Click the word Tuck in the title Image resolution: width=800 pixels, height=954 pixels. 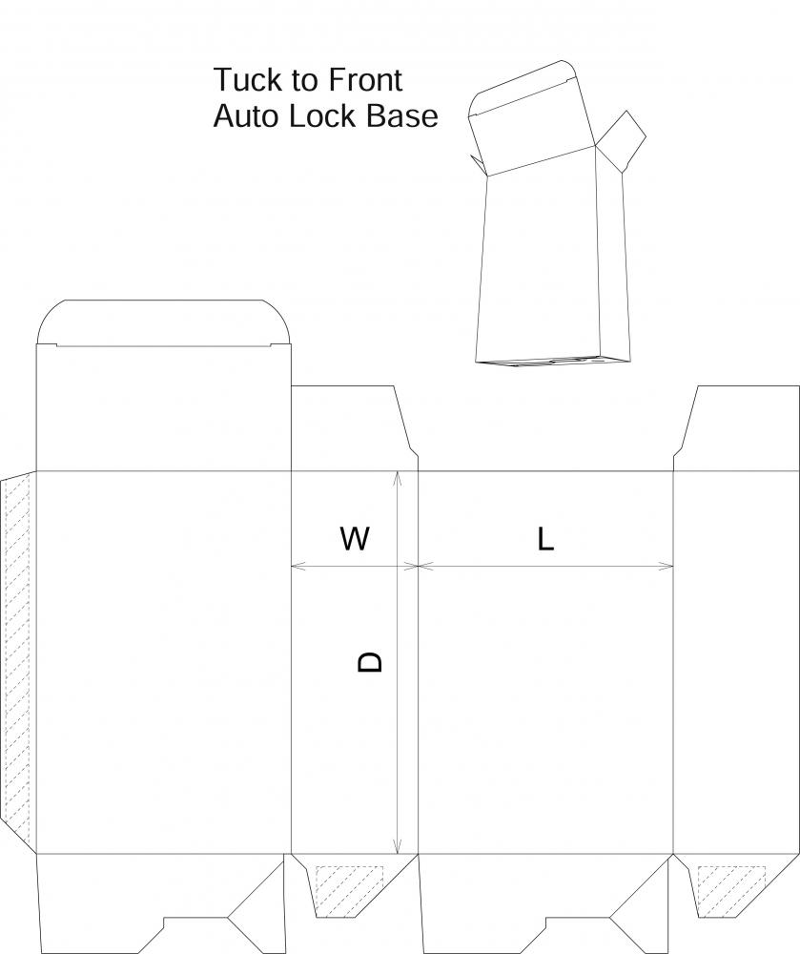[x=247, y=80]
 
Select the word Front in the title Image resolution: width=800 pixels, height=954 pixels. [x=365, y=80]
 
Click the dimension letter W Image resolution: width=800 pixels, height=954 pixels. [x=355, y=538]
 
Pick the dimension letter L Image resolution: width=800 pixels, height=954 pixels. [x=546, y=538]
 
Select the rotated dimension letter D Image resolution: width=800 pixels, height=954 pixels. [x=370, y=661]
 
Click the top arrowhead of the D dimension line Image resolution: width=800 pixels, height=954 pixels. [x=397, y=477]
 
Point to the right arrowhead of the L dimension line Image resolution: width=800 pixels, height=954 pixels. [x=667, y=567]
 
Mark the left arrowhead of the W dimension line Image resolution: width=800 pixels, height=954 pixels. [x=297, y=567]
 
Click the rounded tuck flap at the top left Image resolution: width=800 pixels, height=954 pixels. [x=163, y=322]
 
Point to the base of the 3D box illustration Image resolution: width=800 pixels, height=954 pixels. [x=553, y=361]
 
